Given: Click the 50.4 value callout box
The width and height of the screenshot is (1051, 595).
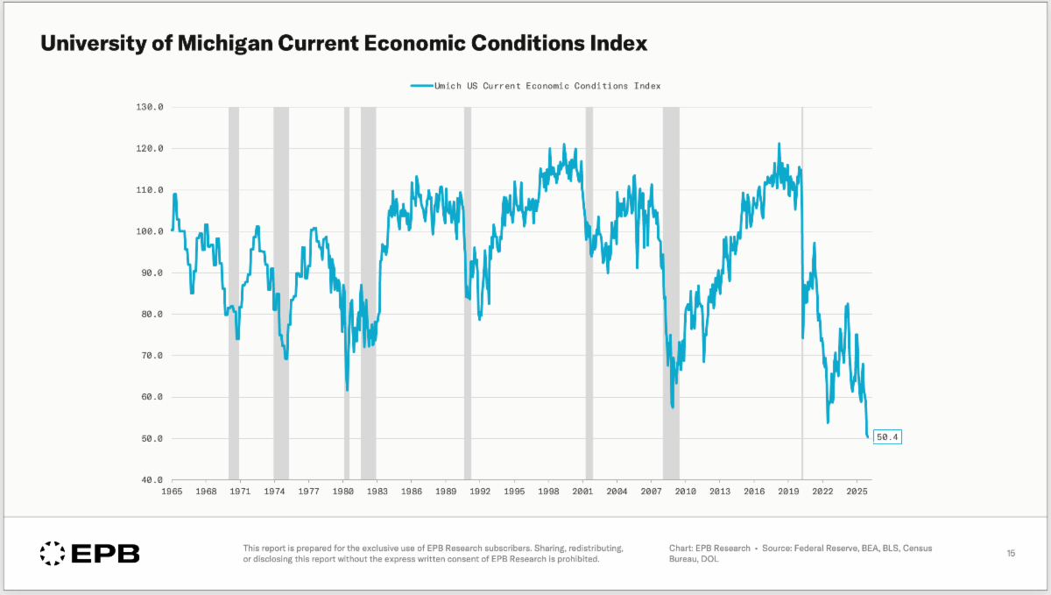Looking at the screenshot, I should pos(887,436).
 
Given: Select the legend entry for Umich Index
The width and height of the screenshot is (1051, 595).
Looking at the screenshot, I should pos(535,86).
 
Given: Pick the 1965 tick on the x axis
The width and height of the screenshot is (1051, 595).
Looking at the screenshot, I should pos(172,492).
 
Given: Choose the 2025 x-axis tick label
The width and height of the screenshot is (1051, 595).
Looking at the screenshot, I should pos(857,492).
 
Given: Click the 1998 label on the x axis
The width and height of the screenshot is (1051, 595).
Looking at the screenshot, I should pos(548,492).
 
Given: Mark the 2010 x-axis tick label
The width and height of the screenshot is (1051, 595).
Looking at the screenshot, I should pos(685,492).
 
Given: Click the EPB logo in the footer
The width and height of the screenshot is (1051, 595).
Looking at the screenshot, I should pos(89,553).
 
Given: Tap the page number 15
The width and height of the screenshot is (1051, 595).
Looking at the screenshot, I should pos(1011,553).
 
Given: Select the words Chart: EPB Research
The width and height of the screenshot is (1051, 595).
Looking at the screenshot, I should pos(709,549).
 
